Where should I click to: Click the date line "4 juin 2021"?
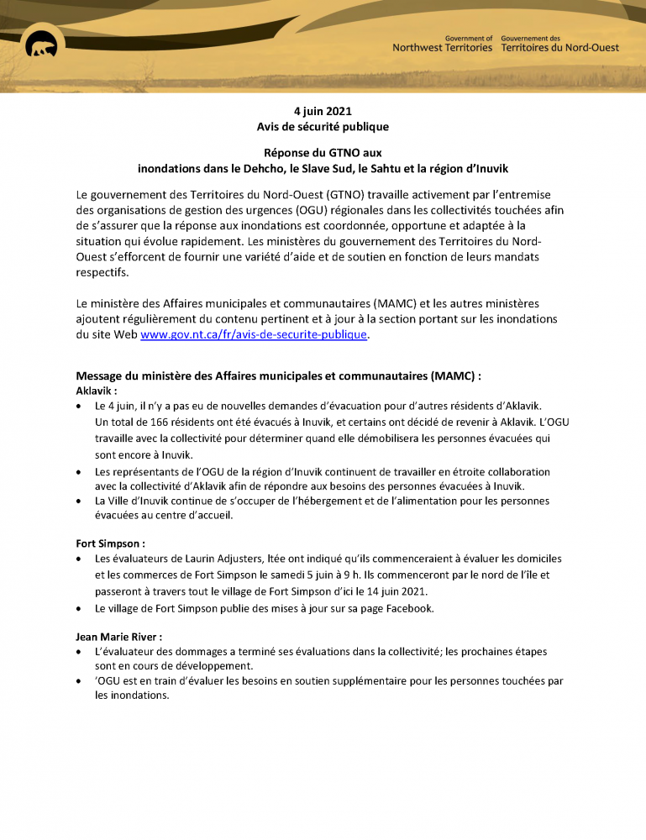coord(323,111)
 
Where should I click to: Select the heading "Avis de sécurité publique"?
coord(323,126)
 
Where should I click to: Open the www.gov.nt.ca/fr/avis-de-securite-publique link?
coord(254,334)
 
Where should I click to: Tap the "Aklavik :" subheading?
coord(97,391)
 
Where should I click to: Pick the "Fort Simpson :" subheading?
coord(110,543)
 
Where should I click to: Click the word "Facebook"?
coord(408,608)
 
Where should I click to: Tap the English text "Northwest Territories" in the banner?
coord(443,48)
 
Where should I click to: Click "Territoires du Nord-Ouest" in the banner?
coord(559,48)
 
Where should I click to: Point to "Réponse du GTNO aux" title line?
coord(323,153)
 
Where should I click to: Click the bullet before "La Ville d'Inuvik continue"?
coord(79,501)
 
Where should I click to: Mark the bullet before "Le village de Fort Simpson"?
coord(79,609)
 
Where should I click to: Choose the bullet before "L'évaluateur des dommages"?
coord(79,652)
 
